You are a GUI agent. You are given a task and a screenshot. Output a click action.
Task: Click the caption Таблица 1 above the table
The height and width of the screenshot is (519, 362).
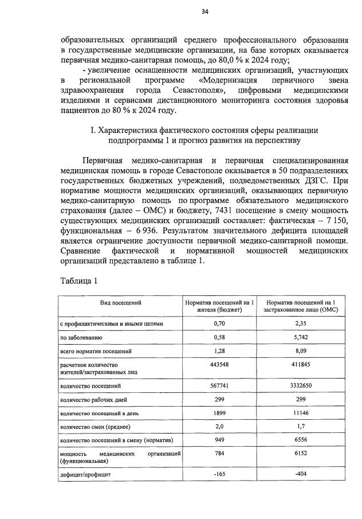pyautogui.click(x=80, y=280)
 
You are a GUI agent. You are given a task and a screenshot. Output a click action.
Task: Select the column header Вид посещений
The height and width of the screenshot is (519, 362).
pyautogui.click(x=120, y=302)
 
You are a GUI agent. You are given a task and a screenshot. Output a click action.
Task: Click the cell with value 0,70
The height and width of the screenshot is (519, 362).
pyautogui.click(x=217, y=323)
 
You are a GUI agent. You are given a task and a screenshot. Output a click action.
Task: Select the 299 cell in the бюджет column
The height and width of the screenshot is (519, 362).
pyautogui.click(x=217, y=399)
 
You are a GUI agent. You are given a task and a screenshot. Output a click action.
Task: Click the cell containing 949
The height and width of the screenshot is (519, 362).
pyautogui.click(x=217, y=440)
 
